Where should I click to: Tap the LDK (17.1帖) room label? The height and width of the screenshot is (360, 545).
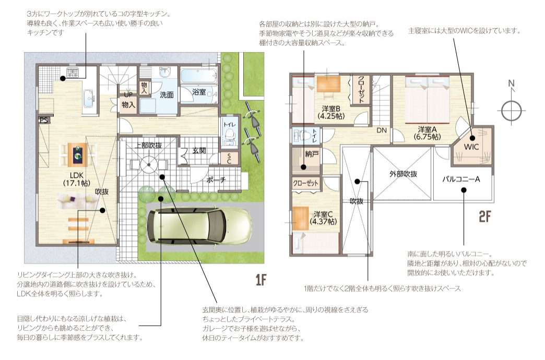point(76,179)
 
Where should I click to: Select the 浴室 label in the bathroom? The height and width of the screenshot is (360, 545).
point(199,92)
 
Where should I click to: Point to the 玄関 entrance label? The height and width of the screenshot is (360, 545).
point(199,150)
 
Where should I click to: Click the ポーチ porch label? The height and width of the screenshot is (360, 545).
point(216,180)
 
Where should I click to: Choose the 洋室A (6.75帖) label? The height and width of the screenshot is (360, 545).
point(427,133)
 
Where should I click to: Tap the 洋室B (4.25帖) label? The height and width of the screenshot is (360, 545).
point(331,112)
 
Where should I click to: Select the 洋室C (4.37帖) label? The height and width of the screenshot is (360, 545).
point(323,218)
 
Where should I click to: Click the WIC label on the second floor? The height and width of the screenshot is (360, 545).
point(471,147)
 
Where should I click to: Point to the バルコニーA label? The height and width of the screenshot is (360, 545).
point(461,179)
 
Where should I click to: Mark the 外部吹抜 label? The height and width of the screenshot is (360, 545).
point(403,174)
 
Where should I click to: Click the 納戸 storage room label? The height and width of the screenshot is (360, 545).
point(312,153)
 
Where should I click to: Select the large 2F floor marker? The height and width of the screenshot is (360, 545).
point(485,217)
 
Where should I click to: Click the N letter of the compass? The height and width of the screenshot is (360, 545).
point(511,83)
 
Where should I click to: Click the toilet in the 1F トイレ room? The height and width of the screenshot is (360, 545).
point(229,135)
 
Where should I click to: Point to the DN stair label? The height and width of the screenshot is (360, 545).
point(382,130)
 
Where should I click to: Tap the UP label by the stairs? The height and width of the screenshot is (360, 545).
point(128,94)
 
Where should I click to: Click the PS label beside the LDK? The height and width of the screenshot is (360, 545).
point(44,120)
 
